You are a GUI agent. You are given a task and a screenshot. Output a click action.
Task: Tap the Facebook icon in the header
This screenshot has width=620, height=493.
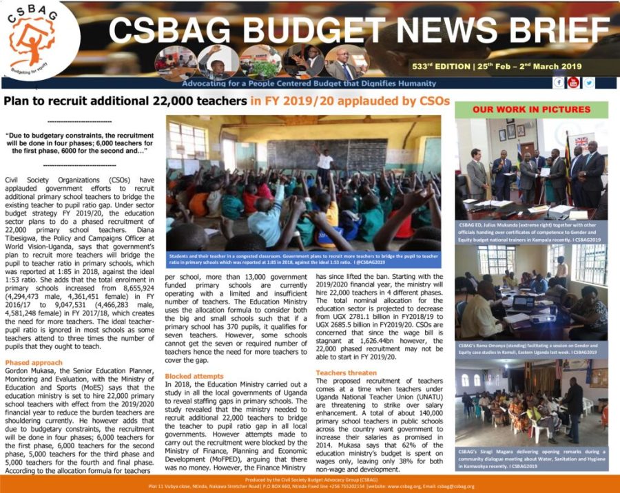pos(559,83)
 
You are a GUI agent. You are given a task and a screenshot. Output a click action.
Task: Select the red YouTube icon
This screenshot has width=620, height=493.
pos(573,83)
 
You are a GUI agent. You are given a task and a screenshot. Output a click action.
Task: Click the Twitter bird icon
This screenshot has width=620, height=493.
pos(588,83)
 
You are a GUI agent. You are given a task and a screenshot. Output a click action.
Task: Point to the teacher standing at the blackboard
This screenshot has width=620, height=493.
pos(324,162)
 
